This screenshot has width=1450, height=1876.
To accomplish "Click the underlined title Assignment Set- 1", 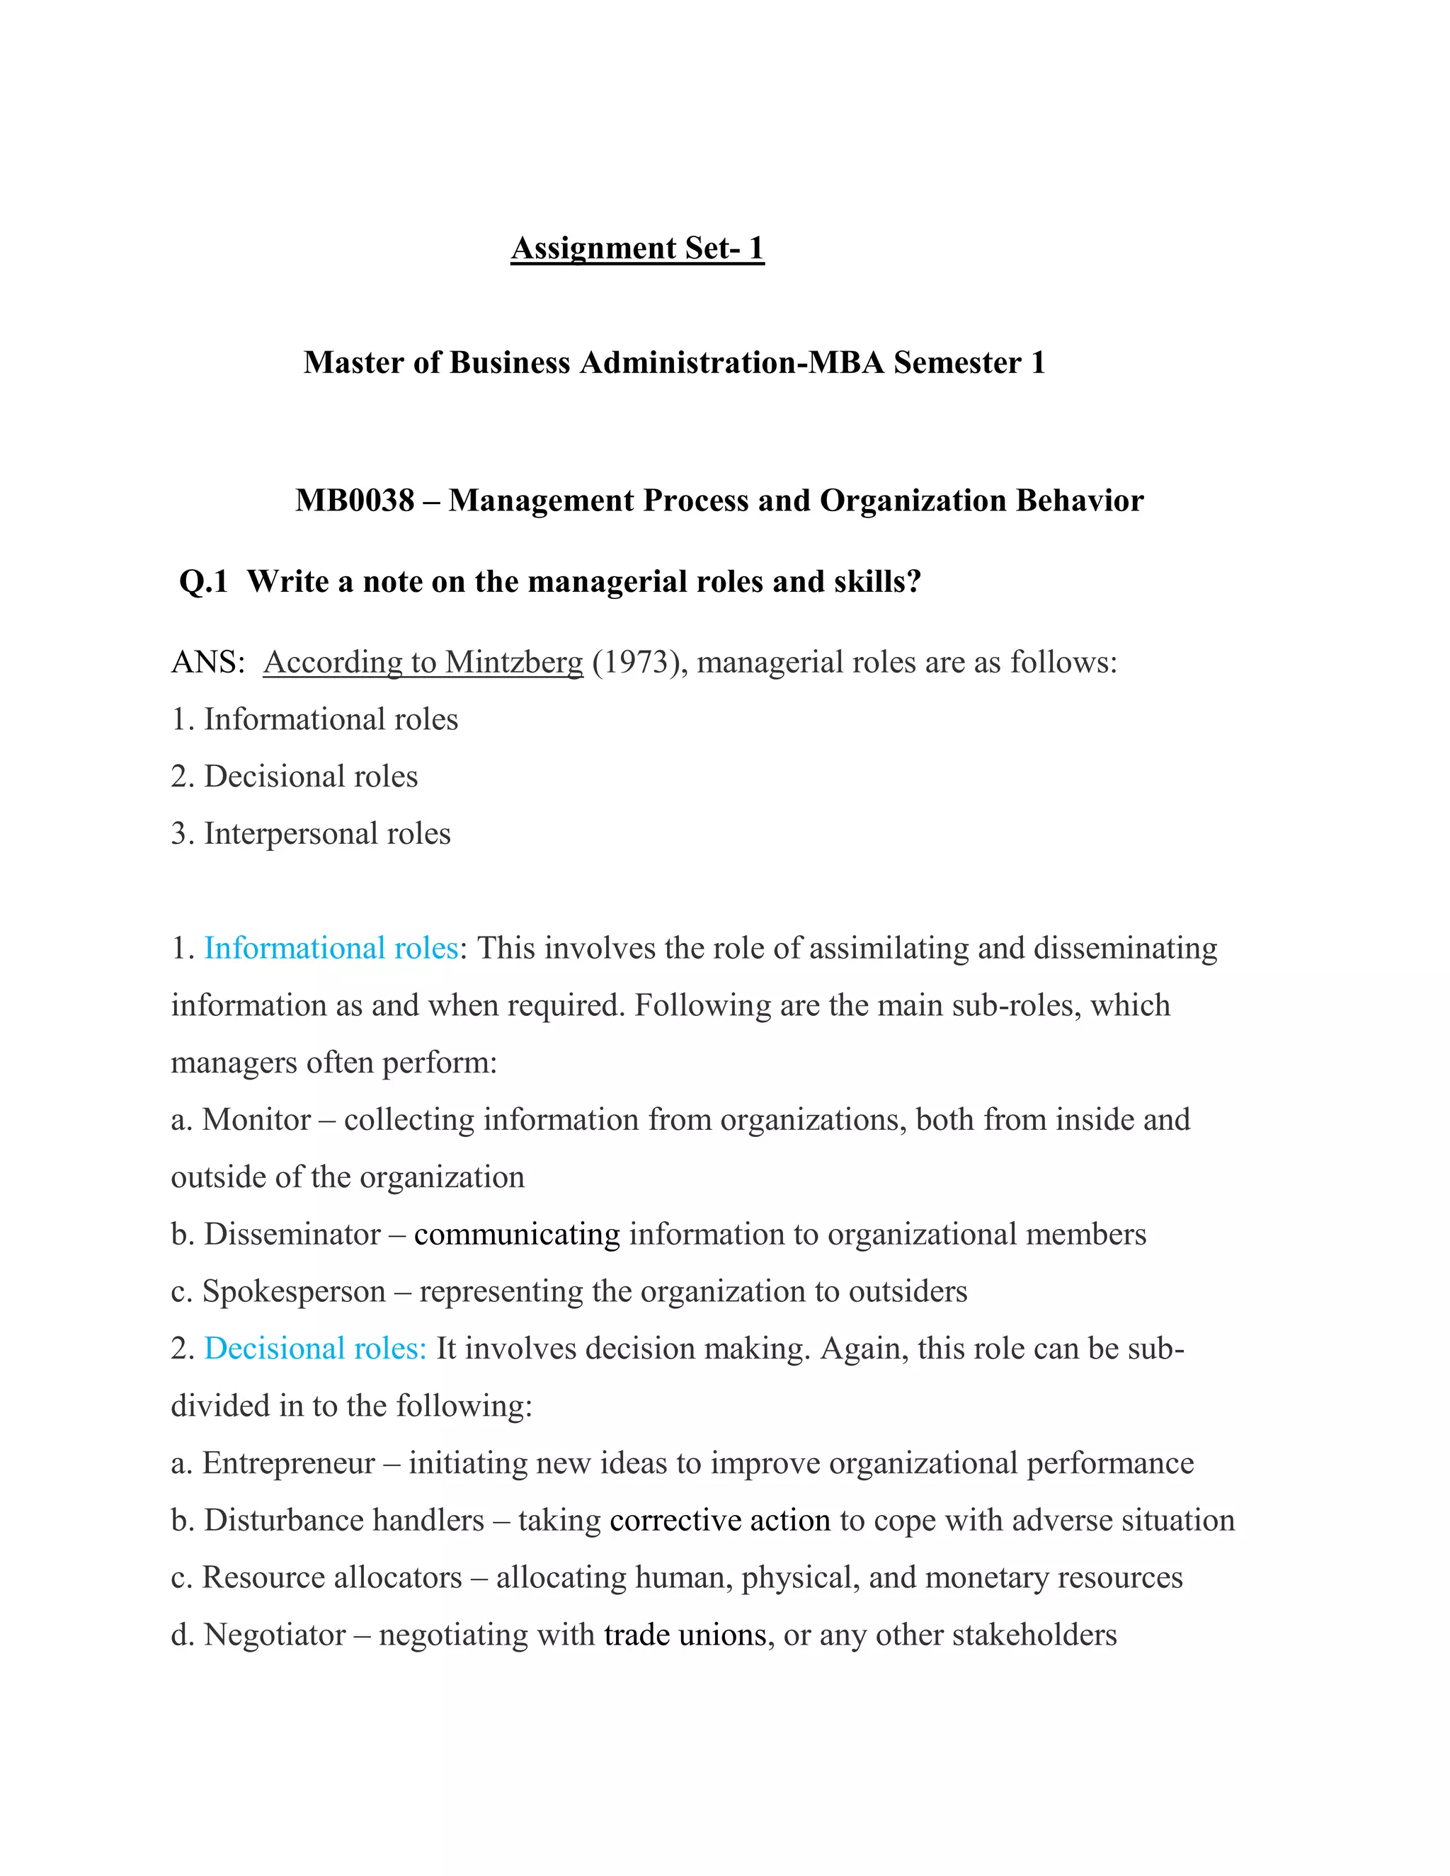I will (636, 248).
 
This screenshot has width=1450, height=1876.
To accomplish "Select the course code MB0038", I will (354, 501).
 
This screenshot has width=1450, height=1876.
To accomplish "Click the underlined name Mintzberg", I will (514, 663).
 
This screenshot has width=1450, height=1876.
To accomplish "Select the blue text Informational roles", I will (331, 949).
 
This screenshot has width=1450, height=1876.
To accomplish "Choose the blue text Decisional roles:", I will (315, 1349).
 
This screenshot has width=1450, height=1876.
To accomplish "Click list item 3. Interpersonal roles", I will (311, 834).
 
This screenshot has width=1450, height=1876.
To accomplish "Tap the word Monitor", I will (256, 1120).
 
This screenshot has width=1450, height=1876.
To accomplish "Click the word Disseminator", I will (292, 1235).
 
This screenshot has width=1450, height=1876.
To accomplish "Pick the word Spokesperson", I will (294, 1292).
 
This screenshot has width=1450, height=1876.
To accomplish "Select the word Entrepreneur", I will (289, 1463).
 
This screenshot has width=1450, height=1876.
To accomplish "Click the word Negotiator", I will (275, 1635).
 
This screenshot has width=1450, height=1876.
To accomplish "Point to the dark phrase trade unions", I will (685, 1635).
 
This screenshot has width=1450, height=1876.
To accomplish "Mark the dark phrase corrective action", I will (720, 1521).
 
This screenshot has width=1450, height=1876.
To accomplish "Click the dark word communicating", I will (516, 1235).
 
